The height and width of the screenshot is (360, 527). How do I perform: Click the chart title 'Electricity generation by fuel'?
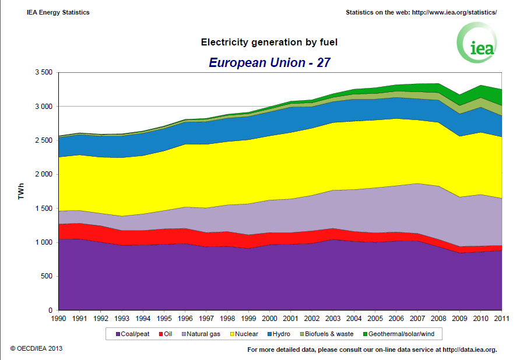[x=269, y=42]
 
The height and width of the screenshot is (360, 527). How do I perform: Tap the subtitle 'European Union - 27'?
[x=269, y=62]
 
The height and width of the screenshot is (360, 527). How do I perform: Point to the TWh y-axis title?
[x=22, y=192]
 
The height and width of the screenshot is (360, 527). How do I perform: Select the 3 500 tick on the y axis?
[x=44, y=72]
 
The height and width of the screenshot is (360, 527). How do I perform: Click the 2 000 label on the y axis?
[x=44, y=174]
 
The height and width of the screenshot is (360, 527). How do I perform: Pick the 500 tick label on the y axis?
[x=47, y=276]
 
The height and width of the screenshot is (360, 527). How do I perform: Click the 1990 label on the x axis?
[x=59, y=319]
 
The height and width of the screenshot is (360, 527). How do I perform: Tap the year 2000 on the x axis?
[x=270, y=319]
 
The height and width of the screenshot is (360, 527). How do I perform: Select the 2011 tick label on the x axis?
[x=501, y=319]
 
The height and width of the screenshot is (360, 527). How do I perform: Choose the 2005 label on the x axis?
[x=375, y=319]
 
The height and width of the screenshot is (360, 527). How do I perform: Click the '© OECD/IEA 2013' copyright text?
[x=36, y=348]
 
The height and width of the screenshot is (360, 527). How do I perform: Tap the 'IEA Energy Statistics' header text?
[x=58, y=12]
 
